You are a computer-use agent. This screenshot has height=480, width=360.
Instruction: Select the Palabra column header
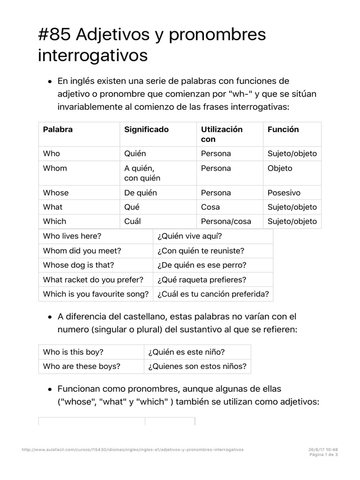click(x=58, y=129)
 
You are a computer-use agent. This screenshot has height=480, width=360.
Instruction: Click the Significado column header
click(x=146, y=129)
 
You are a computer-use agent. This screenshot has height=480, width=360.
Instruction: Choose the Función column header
click(x=283, y=129)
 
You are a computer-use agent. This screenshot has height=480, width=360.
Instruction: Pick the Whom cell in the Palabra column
click(x=55, y=168)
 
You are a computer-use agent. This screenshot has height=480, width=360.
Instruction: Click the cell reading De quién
click(x=141, y=193)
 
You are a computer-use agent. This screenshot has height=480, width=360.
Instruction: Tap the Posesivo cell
click(x=284, y=193)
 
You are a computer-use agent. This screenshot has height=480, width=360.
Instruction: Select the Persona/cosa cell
click(x=226, y=221)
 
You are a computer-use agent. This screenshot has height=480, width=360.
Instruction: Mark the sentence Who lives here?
click(x=72, y=236)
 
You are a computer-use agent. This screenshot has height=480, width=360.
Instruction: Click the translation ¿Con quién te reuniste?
click(x=201, y=251)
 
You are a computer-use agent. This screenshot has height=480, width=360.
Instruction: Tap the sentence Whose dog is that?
click(x=78, y=265)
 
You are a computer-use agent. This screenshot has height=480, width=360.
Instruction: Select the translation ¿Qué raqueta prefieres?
click(x=202, y=280)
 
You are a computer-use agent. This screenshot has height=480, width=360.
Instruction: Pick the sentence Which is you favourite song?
click(x=96, y=294)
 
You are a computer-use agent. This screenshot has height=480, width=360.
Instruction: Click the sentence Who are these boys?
click(x=81, y=367)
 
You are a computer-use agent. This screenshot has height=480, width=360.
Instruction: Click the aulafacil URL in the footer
click(x=133, y=449)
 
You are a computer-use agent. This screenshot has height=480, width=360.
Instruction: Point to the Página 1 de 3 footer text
click(x=324, y=454)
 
